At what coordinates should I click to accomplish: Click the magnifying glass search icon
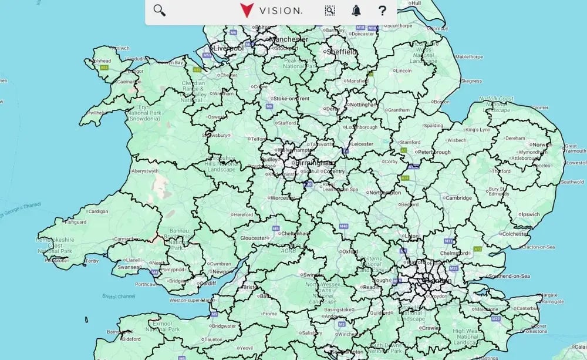159,10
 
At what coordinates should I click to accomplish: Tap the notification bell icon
356,10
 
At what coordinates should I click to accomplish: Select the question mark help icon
382,10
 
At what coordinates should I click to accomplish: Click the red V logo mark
247,11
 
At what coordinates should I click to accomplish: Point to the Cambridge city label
458,198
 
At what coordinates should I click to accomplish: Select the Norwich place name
542,144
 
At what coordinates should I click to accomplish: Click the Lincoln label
404,70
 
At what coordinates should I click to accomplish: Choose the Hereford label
242,215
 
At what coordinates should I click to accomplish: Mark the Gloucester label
254,238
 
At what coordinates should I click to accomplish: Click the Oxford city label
350,251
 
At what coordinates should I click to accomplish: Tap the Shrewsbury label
215,135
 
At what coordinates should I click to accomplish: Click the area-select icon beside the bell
330,10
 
